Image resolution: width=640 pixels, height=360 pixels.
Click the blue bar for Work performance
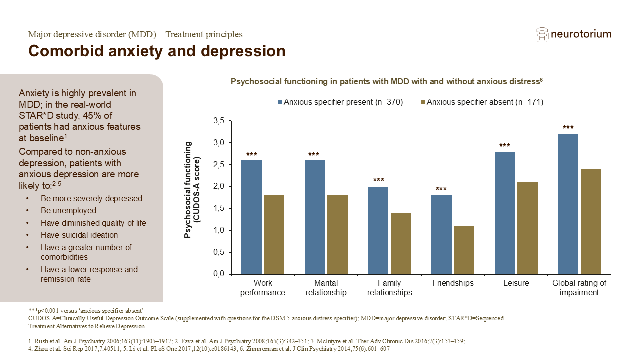pos(252,217)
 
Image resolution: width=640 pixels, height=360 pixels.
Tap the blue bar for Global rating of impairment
pos(568,204)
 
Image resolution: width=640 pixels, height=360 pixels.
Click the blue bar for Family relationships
pos(378,230)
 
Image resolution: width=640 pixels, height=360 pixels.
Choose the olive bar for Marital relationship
pos(337,235)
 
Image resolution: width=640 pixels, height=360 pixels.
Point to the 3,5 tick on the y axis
pos(218,121)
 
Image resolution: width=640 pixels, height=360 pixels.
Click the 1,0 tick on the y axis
pos(218,230)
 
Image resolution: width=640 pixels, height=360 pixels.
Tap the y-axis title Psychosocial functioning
pos(192,190)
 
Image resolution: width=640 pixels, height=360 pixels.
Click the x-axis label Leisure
pos(516,283)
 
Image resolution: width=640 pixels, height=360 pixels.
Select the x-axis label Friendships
pos(453,283)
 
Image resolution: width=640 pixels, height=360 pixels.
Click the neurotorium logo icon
pos(541,34)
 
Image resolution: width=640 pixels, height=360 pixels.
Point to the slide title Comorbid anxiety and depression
pos(157,51)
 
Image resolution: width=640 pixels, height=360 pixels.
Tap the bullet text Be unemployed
pos(68,211)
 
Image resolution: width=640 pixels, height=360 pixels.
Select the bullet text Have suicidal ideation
pos(79,235)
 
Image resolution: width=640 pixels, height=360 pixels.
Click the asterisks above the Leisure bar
pos(505,146)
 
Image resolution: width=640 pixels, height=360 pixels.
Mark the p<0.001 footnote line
pos(86,310)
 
